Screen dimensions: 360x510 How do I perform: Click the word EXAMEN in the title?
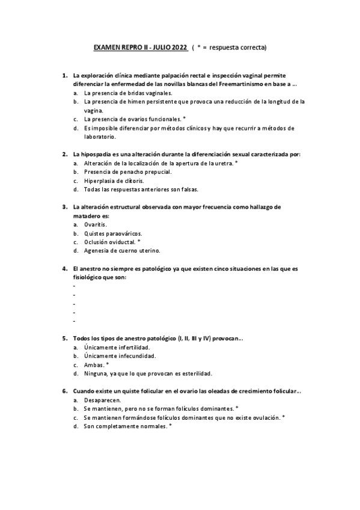tap(106, 46)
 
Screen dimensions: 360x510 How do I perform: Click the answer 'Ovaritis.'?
tap(96, 224)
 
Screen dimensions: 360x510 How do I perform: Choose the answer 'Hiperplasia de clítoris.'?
tap(114, 180)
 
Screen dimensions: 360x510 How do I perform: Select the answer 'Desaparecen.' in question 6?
tap(103, 399)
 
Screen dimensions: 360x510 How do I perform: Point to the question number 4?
tap(64, 268)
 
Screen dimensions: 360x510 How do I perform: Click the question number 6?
tap(64, 391)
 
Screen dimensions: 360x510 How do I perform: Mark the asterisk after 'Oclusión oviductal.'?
tap(139, 241)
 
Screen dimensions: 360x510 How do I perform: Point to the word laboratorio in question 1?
tap(100, 137)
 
